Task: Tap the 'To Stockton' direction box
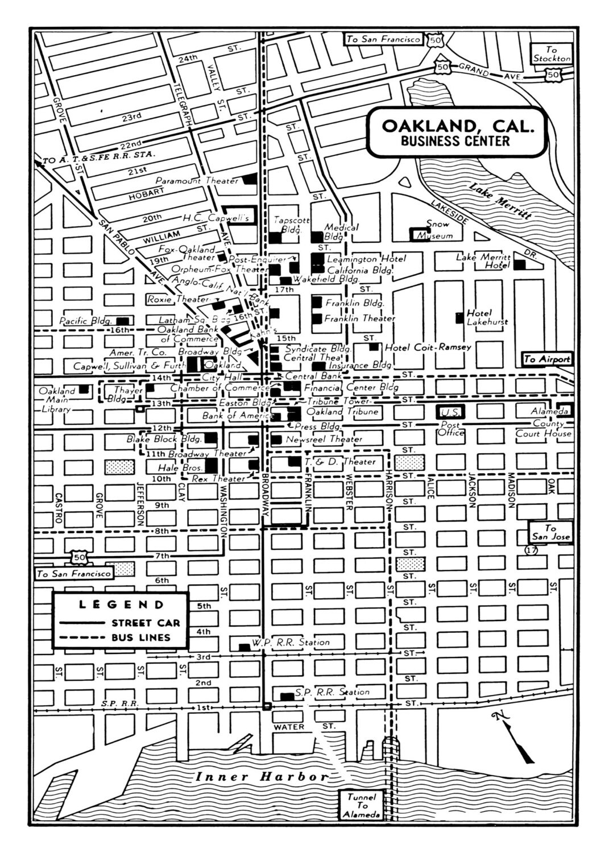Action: (x=551, y=54)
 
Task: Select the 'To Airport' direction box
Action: (x=546, y=359)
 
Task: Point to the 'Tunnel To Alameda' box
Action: (x=362, y=805)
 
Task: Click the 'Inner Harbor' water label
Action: (x=262, y=777)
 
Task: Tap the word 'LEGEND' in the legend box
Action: (x=121, y=604)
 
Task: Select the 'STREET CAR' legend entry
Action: (x=145, y=623)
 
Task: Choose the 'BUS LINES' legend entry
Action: (x=140, y=637)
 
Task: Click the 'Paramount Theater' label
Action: (x=197, y=181)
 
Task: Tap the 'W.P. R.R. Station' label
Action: (x=291, y=643)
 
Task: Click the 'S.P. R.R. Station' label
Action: (x=332, y=692)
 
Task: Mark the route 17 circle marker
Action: (x=531, y=550)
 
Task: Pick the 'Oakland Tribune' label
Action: (x=342, y=411)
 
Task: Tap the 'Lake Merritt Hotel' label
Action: (x=483, y=261)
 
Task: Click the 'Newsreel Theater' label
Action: (x=324, y=439)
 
